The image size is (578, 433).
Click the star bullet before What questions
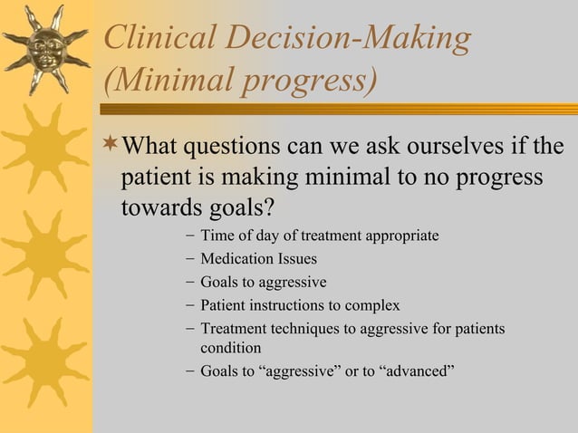(x=110, y=145)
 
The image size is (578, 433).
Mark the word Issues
(x=298, y=259)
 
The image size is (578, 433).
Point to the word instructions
(x=295, y=305)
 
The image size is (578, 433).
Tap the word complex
(x=373, y=305)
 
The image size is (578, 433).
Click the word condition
(x=230, y=348)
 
